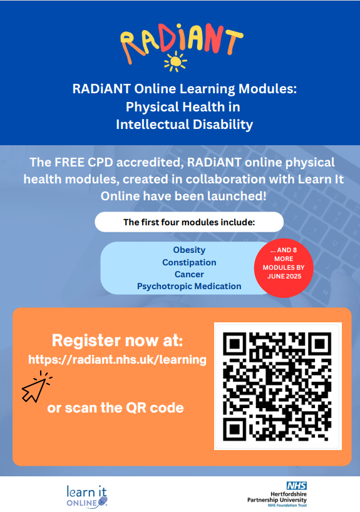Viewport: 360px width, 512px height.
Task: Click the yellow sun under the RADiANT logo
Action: click(x=175, y=61)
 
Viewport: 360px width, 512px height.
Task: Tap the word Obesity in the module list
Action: click(x=189, y=250)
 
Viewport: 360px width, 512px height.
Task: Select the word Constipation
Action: click(x=189, y=262)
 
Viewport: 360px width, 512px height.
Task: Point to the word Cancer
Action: click(x=189, y=274)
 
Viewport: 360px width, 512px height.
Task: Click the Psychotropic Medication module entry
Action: click(x=189, y=287)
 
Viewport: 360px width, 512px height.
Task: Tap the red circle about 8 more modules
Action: click(x=284, y=268)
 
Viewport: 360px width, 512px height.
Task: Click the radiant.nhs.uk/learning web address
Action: click(x=117, y=359)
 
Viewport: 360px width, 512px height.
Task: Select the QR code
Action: click(x=278, y=386)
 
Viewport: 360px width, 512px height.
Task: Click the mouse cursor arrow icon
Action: click(x=36, y=387)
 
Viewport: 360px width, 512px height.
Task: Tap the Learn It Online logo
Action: click(x=87, y=496)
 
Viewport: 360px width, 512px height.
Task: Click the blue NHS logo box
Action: click(x=297, y=486)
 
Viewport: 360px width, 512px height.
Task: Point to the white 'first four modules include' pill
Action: click(x=189, y=222)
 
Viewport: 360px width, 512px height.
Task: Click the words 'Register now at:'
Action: click(x=117, y=340)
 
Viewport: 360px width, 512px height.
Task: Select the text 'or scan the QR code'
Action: click(x=115, y=408)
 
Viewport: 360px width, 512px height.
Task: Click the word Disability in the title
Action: click(x=223, y=125)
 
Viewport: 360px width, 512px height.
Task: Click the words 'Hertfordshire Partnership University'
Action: click(x=277, y=497)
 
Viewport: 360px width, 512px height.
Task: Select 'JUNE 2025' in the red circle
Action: click(x=284, y=276)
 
